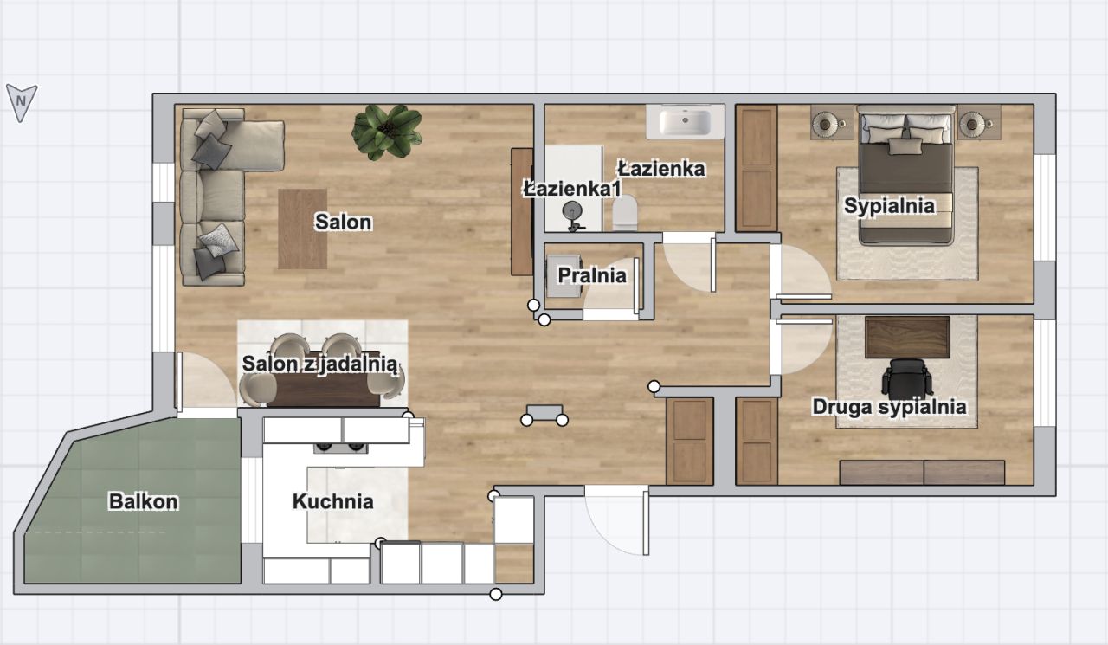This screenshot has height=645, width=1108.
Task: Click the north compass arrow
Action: pyautogui.click(x=22, y=102)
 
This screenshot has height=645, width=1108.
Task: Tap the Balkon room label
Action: pyautogui.click(x=144, y=501)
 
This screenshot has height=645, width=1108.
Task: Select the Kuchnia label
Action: pyautogui.click(x=333, y=501)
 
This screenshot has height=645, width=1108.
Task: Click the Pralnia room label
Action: pyautogui.click(x=592, y=275)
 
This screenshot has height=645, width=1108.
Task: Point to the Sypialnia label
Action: pyautogui.click(x=889, y=206)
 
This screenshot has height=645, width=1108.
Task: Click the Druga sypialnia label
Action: pyautogui.click(x=889, y=407)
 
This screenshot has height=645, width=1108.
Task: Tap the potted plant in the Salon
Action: pyautogui.click(x=387, y=132)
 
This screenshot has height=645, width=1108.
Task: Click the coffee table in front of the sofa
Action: pyautogui.click(x=302, y=229)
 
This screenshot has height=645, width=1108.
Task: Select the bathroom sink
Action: pyautogui.click(x=685, y=121)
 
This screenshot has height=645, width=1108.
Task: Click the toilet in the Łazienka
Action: pyautogui.click(x=625, y=213)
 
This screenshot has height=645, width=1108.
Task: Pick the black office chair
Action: pyautogui.click(x=907, y=377)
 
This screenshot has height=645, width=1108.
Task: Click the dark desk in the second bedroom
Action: pyautogui.click(x=907, y=337)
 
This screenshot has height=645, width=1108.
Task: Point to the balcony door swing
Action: pyautogui.click(x=206, y=380)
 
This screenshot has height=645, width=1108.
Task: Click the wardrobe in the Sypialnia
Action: pyautogui.click(x=757, y=168)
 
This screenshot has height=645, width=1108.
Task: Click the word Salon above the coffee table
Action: pyautogui.click(x=344, y=223)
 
